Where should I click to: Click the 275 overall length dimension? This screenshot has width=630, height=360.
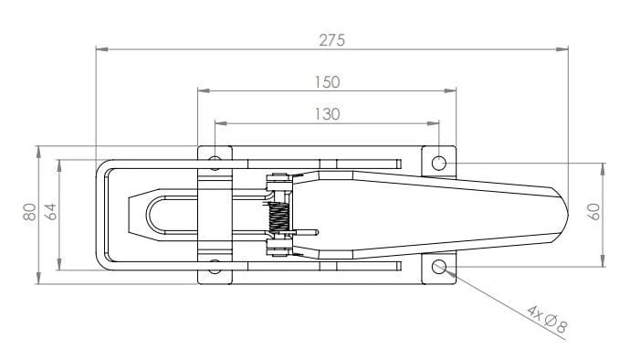(331, 40)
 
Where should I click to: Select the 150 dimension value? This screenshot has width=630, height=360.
(327, 82)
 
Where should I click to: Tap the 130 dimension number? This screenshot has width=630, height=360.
(327, 114)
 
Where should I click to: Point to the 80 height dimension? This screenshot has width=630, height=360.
(30, 212)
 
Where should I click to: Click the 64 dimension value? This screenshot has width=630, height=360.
(50, 212)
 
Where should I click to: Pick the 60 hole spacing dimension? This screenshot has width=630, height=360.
(595, 212)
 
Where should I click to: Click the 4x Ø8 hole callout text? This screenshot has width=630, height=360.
(547, 319)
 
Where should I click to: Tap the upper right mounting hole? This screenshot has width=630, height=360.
(439, 164)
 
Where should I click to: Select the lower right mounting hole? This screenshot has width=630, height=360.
(439, 266)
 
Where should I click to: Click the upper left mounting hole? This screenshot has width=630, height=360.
(215, 163)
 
